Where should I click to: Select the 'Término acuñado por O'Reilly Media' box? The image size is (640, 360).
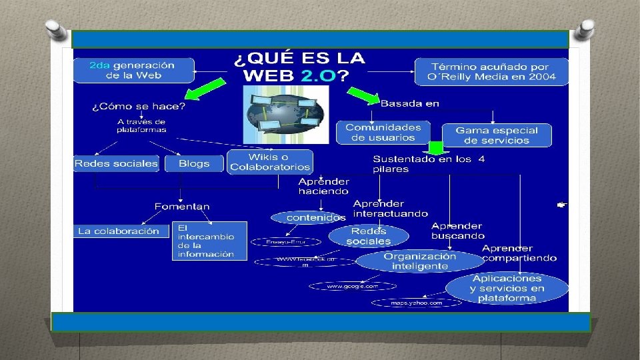[x=492, y=71]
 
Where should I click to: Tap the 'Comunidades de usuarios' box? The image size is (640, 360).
[x=383, y=132]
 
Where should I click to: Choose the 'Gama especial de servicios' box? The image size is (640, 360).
[x=497, y=135]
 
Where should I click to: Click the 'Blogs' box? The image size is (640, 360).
[x=194, y=163]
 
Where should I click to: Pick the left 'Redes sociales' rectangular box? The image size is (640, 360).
[x=117, y=163]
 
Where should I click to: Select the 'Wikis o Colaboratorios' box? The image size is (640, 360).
[x=270, y=162]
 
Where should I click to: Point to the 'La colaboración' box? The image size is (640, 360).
[x=119, y=231]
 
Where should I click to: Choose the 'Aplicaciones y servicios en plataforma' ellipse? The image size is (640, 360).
[x=507, y=288]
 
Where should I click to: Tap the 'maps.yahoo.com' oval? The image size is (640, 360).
[x=416, y=303]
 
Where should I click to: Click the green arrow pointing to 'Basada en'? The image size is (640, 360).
[x=364, y=96]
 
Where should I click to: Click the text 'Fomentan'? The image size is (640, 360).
[x=181, y=207]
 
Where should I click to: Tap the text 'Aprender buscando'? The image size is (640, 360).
[x=457, y=231]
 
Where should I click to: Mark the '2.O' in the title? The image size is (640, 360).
[x=318, y=75]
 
